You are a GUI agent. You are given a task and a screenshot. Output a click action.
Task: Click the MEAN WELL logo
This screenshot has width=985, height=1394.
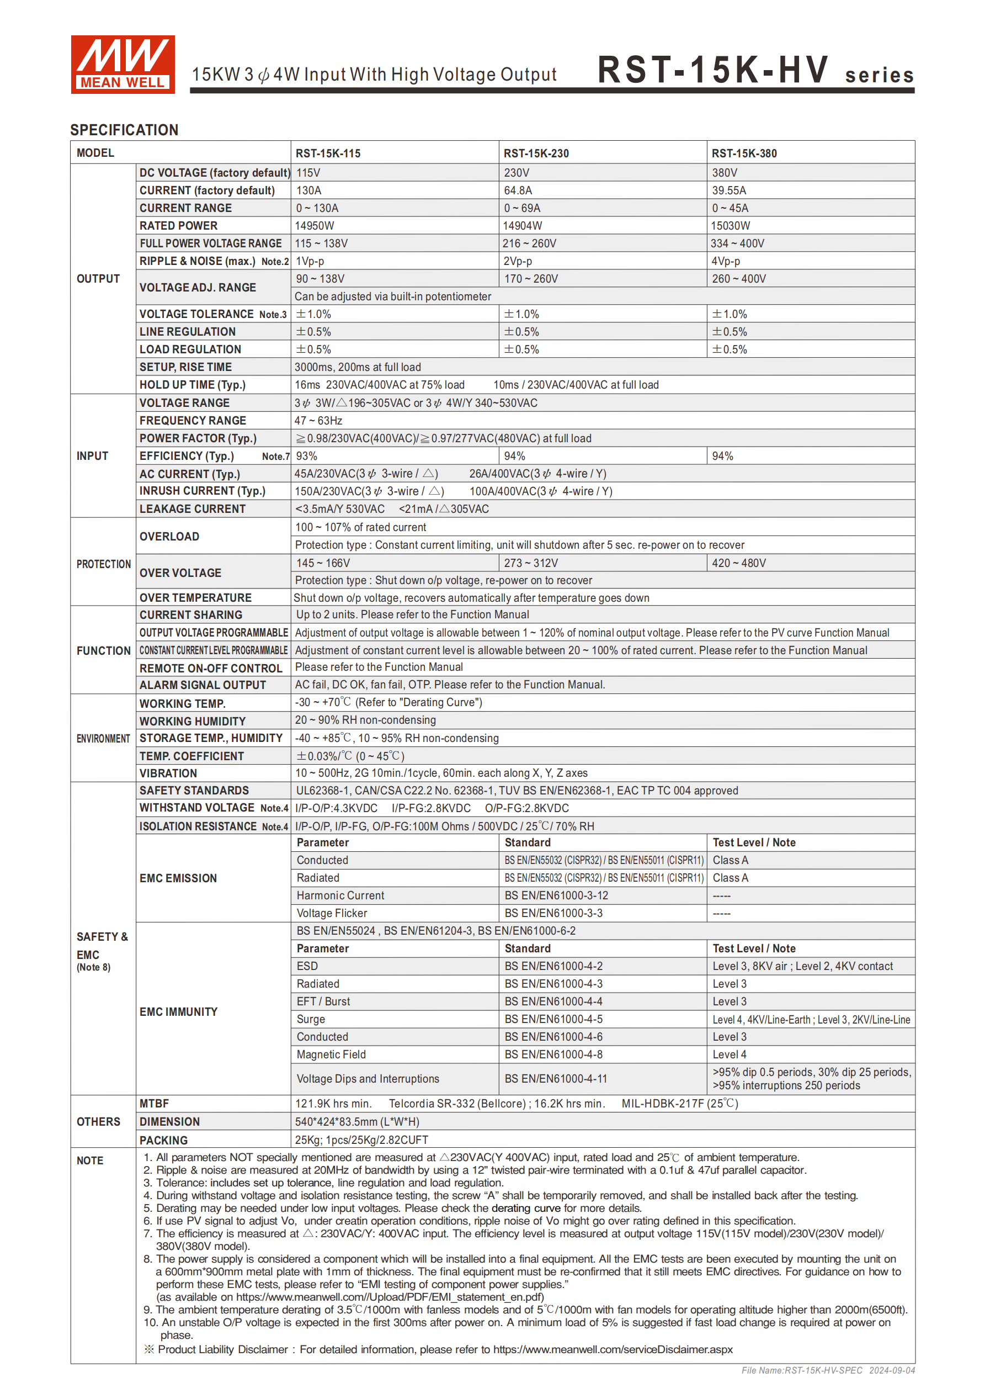pos(123,65)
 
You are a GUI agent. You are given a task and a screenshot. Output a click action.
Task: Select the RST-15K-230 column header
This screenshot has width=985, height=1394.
pos(536,153)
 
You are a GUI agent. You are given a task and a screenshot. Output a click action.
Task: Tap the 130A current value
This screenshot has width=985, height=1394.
pos(308,190)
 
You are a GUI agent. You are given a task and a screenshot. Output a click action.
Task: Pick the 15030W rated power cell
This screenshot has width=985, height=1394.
pos(730,226)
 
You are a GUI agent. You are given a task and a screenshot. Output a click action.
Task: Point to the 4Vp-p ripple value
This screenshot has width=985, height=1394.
pos(725,261)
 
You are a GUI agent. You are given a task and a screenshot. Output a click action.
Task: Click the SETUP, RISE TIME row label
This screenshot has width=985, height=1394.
pos(186,367)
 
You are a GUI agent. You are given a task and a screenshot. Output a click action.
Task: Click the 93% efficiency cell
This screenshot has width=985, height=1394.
pos(306,456)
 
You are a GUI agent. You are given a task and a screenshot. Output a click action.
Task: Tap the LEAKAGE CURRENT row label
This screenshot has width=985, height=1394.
pos(193,509)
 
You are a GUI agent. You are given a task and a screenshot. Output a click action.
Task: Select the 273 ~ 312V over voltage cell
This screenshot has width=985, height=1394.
pos(530,563)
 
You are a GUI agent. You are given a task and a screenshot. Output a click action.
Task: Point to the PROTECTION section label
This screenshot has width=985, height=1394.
pos(103,564)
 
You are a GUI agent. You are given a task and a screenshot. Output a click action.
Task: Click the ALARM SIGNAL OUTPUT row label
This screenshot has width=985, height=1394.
pos(203,685)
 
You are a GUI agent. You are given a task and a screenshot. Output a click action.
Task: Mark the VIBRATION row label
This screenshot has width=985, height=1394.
pos(168,773)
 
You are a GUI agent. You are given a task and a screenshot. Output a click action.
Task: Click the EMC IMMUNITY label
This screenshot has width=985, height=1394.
pos(178,1011)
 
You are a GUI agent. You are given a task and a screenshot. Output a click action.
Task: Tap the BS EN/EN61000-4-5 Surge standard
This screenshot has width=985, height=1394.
pos(553,1019)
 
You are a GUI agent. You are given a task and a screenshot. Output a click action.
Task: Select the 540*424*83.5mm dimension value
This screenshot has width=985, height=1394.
pos(357,1121)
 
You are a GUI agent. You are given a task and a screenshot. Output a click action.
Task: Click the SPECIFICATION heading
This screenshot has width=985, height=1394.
pos(124,130)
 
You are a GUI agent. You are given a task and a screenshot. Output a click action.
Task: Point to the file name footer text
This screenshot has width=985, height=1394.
pos(827,1370)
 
